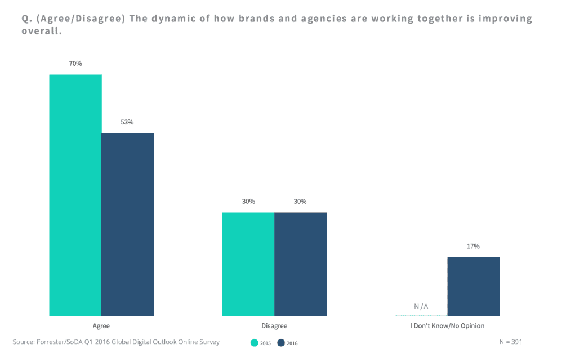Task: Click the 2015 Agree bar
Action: (75, 195)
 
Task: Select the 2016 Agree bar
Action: (127, 224)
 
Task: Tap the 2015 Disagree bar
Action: (248, 264)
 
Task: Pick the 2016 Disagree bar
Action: (300, 264)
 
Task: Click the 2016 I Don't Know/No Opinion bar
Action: (474, 286)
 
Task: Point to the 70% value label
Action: (75, 64)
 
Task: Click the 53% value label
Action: (127, 122)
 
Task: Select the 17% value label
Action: (473, 246)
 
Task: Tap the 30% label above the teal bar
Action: (248, 202)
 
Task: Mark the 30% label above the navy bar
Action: (300, 202)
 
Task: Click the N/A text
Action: (421, 307)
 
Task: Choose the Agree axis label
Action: (101, 326)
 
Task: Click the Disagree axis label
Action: (274, 326)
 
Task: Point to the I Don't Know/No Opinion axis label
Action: (447, 326)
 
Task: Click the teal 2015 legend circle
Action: (255, 343)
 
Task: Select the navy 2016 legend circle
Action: (281, 343)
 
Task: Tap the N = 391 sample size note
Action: (511, 342)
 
